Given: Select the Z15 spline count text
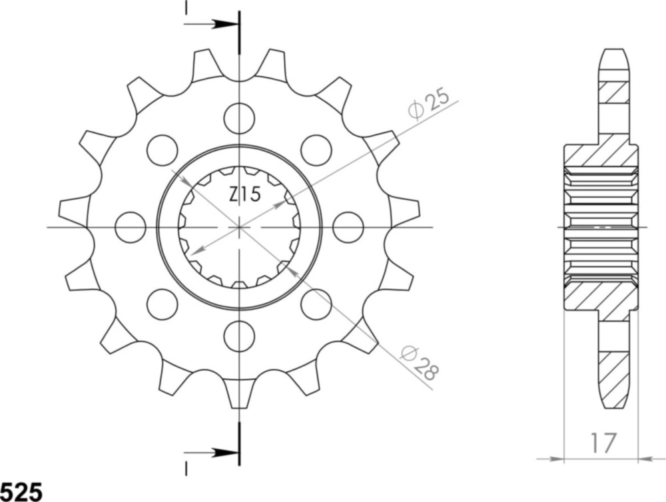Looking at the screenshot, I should coord(244,195).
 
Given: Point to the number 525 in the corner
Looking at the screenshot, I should coord(21,491).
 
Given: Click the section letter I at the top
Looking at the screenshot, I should coord(186,7).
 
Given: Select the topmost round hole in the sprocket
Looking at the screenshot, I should coord(239,119).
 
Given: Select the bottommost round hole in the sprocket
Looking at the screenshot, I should coord(239,336).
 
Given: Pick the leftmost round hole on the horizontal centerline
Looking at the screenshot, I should coord(131,227).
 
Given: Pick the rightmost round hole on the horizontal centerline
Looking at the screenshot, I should coord(348,227).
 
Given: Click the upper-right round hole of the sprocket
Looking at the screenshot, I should coord(316,150).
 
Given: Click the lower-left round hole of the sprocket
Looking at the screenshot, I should coord(163,304).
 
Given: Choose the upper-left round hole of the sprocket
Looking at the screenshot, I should coord(163,150).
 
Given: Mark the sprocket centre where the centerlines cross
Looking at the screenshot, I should coord(239,227).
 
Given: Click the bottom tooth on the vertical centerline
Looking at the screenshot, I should coord(239,393).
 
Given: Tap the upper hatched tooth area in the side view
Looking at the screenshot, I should coord(614,93).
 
